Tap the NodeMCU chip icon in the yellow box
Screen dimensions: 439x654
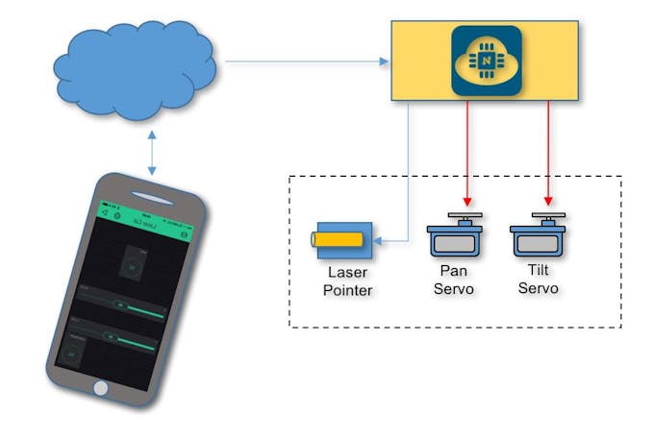tap(487, 60)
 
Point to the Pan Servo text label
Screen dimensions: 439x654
tap(455, 280)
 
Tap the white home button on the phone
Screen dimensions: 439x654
tap(101, 387)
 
